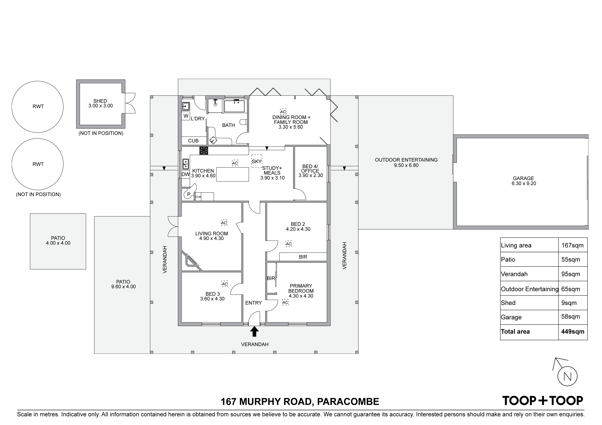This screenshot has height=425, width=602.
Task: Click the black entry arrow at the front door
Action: (x=254, y=331)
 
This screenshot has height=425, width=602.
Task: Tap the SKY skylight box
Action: (x=257, y=161)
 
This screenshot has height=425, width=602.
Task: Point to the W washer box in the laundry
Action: (x=186, y=116)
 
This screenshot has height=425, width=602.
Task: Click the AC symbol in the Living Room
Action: (x=224, y=223)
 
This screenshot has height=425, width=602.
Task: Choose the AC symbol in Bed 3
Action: (x=225, y=284)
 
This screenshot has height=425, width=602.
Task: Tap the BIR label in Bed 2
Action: (x=303, y=257)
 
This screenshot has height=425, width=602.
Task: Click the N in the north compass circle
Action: (x=568, y=377)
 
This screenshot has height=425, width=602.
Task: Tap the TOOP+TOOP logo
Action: (x=543, y=401)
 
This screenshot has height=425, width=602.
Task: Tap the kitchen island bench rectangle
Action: (x=233, y=174)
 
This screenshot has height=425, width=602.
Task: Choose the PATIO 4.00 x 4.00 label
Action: (x=58, y=240)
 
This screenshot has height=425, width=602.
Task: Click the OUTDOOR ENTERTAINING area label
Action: (x=406, y=162)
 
